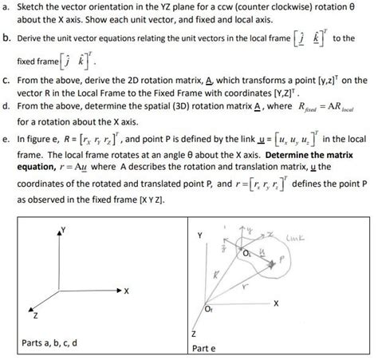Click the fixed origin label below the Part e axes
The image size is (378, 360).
tap(211, 310)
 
